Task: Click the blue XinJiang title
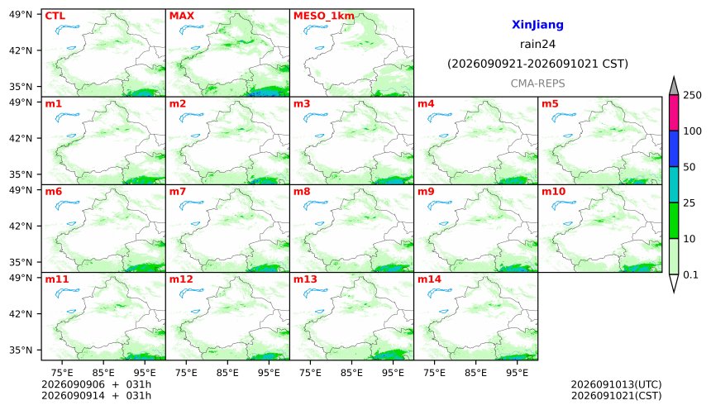(x=537, y=25)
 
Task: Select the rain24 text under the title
(x=537, y=44)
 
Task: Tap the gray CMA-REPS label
(x=537, y=83)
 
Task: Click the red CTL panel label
(x=55, y=16)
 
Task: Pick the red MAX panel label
(x=181, y=16)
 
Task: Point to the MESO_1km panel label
(x=324, y=17)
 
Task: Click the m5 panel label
(x=550, y=104)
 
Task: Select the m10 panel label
(x=553, y=192)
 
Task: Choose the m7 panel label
(x=178, y=192)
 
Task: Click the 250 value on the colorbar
(x=693, y=95)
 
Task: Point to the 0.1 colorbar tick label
(x=690, y=274)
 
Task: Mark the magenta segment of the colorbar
(x=674, y=113)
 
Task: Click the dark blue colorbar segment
(x=674, y=149)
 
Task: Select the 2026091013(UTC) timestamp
(x=616, y=384)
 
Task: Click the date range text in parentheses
(x=537, y=64)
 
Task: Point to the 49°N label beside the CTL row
(x=21, y=14)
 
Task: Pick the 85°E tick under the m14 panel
(x=475, y=373)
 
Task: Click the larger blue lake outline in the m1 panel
(x=66, y=117)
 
